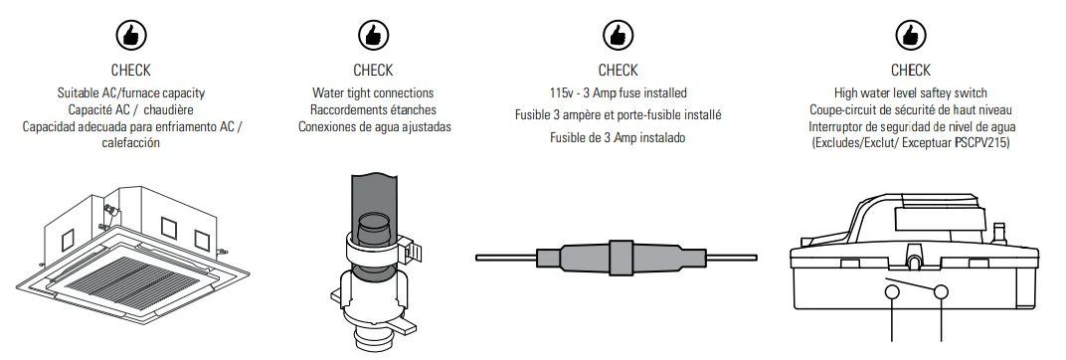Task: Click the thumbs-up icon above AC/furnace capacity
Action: point(129,35)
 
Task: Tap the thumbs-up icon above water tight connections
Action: point(373,35)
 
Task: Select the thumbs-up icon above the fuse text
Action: point(618,35)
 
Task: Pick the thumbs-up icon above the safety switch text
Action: point(910,35)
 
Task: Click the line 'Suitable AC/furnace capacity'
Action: point(130,92)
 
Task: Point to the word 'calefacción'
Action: point(130,142)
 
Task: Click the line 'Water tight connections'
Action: point(373,92)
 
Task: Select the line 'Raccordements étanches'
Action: point(373,109)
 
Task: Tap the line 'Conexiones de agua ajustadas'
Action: point(373,126)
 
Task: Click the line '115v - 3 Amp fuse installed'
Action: point(618,92)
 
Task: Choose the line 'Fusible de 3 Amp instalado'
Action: point(618,137)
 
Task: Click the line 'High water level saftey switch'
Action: point(910,92)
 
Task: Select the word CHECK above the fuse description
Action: point(618,70)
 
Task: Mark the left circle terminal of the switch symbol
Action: point(893,293)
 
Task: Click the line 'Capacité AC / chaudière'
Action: point(130,109)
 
